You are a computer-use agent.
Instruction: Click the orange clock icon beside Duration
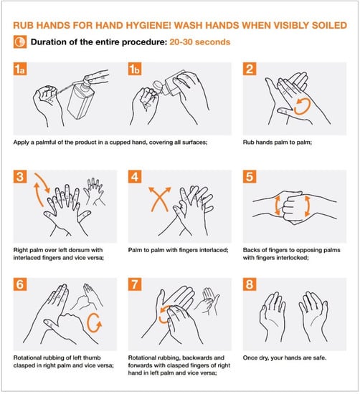pos(20,42)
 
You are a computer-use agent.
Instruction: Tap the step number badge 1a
pos(20,69)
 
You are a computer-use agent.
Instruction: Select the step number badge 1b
pos(135,69)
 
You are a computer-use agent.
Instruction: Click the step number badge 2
pos(250,69)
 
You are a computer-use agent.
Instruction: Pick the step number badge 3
pos(20,177)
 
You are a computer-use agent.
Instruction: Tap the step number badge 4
pos(135,177)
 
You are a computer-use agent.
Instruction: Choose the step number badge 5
pos(250,177)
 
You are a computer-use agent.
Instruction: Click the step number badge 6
pos(20,284)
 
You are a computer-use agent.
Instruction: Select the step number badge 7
pos(135,284)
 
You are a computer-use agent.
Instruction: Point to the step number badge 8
pos(250,284)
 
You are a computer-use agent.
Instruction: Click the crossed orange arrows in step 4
pos(159,199)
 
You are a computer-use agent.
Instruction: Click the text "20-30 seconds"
pos(200,42)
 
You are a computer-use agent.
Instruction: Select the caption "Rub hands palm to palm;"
pos(278,143)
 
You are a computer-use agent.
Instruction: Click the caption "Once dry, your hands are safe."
pos(285,357)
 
